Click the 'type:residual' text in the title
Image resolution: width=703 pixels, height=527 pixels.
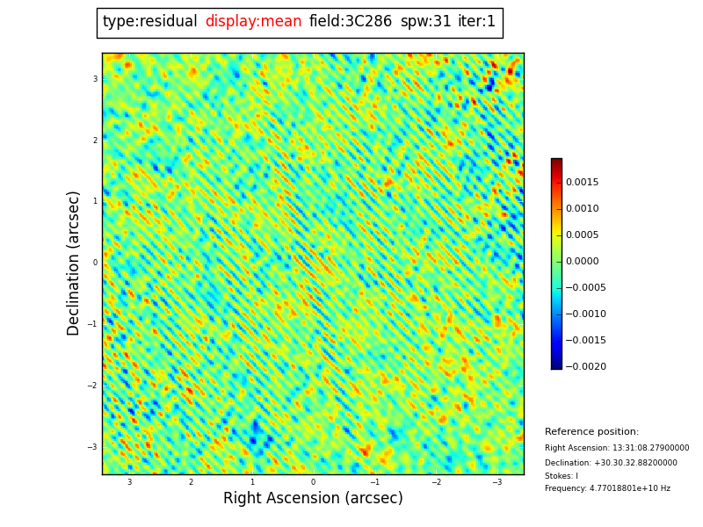pyautogui.click(x=149, y=22)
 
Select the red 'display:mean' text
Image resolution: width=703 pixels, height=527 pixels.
pyautogui.click(x=253, y=22)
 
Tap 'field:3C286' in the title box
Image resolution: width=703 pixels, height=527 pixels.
pyautogui.click(x=351, y=22)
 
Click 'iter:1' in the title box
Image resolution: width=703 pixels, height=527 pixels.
pyautogui.click(x=476, y=22)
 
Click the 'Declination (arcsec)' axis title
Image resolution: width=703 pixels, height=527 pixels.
pyautogui.click(x=74, y=263)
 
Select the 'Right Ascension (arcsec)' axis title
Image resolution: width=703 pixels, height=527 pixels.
pyautogui.click(x=313, y=499)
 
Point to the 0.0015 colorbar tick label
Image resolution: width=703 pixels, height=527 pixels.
pyautogui.click(x=582, y=183)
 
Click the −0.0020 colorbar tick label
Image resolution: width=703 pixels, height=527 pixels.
pyautogui.click(x=584, y=367)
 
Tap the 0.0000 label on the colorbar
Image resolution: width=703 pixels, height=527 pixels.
pyautogui.click(x=582, y=262)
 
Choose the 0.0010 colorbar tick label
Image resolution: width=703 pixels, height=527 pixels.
pyautogui.click(x=582, y=209)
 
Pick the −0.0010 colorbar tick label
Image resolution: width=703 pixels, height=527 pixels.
pyautogui.click(x=584, y=314)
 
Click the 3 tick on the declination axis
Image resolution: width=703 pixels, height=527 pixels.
pyautogui.click(x=95, y=79)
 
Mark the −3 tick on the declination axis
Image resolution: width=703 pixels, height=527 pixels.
pyautogui.click(x=92, y=447)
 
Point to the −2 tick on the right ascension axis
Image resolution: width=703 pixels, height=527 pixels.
pyautogui.click(x=436, y=482)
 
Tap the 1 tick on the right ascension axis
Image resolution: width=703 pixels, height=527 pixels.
pyautogui.click(x=252, y=482)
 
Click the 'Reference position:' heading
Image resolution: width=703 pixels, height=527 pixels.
pyautogui.click(x=591, y=432)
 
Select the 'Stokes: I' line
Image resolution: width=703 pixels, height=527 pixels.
pyautogui.click(x=561, y=476)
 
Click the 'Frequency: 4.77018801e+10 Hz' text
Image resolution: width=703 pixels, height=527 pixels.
pyautogui.click(x=607, y=488)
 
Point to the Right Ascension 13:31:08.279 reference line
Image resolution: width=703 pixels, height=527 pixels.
pyautogui.click(x=617, y=448)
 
